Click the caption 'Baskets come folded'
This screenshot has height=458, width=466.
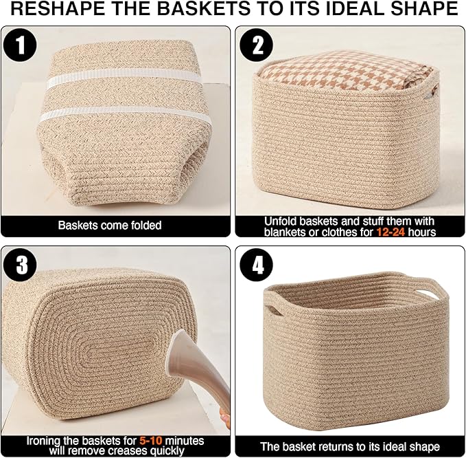click(110, 225)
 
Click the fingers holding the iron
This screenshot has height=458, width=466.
click(224, 417)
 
